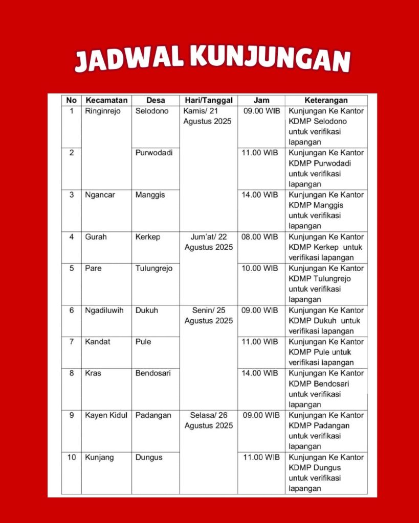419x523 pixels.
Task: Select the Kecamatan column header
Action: tap(106, 100)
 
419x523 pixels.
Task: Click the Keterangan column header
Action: tap(326, 100)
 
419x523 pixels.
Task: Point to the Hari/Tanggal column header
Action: tap(208, 100)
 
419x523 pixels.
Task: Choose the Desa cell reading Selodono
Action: tap(152, 111)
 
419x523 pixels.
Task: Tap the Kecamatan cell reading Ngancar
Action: tap(100, 195)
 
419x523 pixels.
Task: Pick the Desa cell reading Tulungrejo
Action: tap(154, 268)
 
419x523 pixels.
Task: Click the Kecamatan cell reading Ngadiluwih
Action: tap(104, 310)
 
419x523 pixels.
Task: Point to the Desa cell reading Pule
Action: tap(143, 342)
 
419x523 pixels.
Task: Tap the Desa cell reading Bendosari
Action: tap(153, 373)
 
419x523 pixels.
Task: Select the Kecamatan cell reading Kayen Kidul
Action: tap(105, 415)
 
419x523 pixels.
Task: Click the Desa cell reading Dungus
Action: tap(149, 457)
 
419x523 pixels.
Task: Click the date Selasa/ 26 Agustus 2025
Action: tap(208, 420)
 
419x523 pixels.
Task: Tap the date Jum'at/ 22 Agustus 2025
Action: tap(208, 242)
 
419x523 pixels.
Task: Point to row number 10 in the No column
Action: tap(71, 457)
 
